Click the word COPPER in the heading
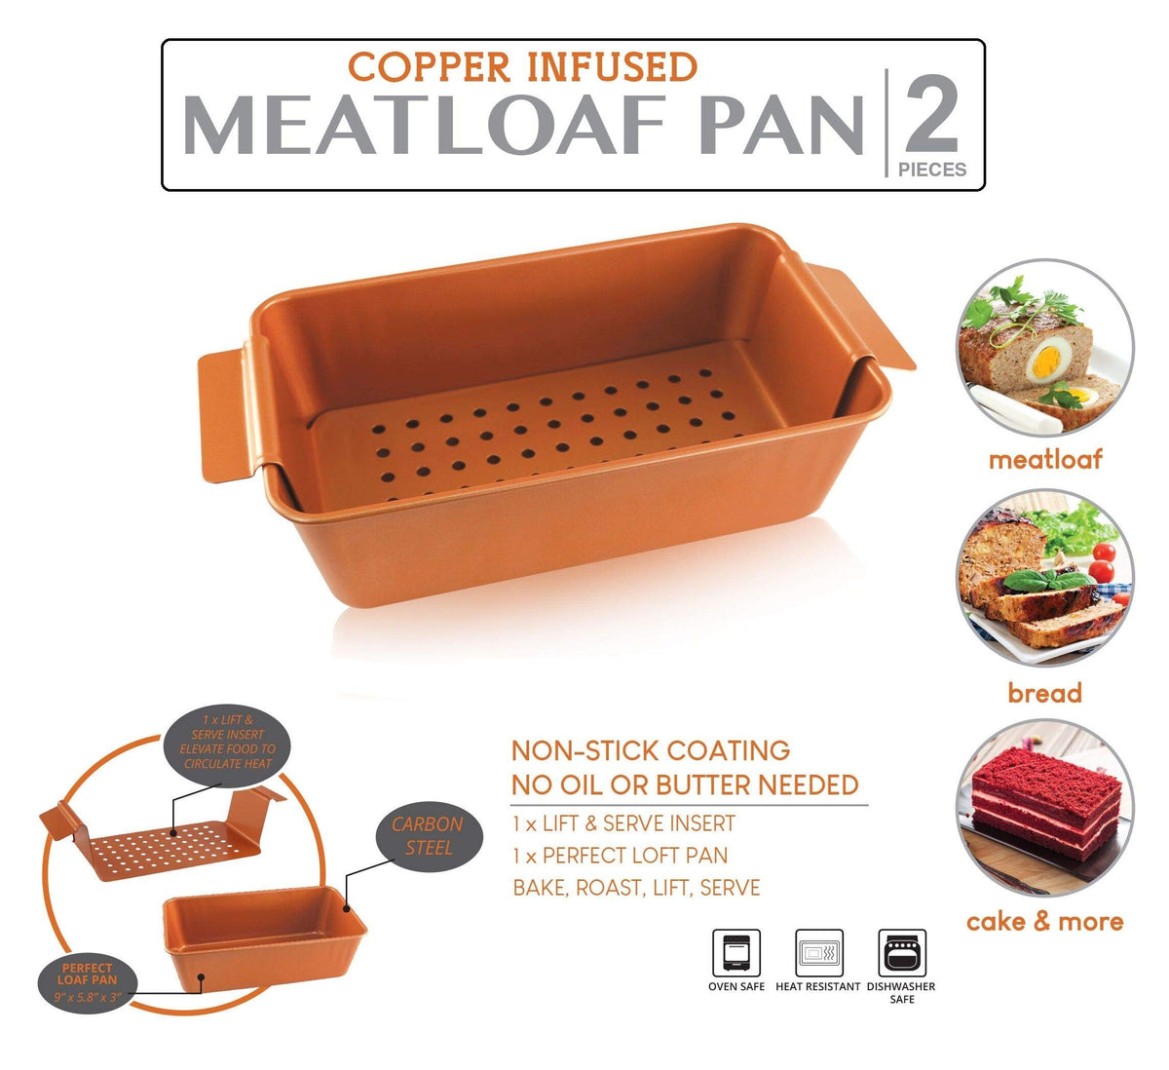click(x=429, y=67)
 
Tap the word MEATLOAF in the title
click(x=424, y=126)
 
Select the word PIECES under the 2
click(x=932, y=170)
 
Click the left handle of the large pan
click(x=228, y=407)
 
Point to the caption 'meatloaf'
click(x=1045, y=460)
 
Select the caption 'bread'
click(x=1045, y=693)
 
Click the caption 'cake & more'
click(x=1045, y=921)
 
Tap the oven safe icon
click(x=736, y=953)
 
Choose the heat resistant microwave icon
click(x=819, y=953)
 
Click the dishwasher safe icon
click(x=902, y=953)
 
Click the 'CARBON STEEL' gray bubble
click(x=428, y=836)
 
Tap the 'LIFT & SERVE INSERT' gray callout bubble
click(x=228, y=742)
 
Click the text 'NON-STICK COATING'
click(x=651, y=750)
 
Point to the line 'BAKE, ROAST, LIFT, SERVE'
click(x=636, y=888)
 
